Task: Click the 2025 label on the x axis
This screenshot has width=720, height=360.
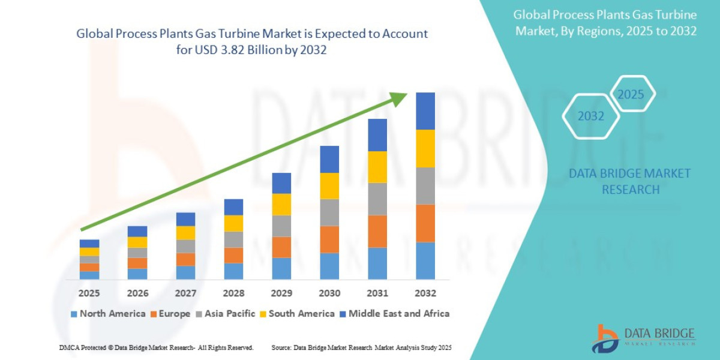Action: point(89,293)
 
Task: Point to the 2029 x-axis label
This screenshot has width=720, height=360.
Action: point(281,293)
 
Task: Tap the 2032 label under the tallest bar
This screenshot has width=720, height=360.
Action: point(425,293)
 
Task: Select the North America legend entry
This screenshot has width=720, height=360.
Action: point(108,314)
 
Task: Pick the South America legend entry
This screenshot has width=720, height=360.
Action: point(296,314)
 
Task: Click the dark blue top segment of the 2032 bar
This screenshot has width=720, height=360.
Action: point(425,111)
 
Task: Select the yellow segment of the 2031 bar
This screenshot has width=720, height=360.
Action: point(377,167)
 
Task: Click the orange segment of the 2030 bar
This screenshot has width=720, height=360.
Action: point(329,239)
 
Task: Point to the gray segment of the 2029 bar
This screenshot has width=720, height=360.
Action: point(281,226)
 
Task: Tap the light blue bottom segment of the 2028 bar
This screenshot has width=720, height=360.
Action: point(233,271)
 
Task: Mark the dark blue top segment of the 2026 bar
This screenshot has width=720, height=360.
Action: point(137,231)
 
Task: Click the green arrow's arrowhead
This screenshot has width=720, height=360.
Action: point(398,99)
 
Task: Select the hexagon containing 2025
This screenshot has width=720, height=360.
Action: point(631,95)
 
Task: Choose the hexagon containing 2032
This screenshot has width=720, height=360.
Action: point(590,116)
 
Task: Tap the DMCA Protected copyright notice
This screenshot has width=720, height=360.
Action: point(156,347)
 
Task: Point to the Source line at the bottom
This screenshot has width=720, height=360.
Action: point(361,347)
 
